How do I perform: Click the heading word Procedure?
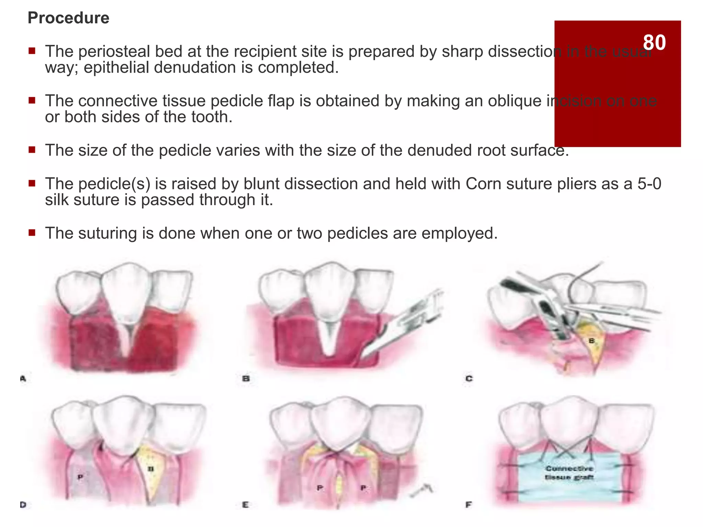[x=68, y=18]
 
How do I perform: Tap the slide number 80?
[x=654, y=43]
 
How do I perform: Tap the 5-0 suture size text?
[x=649, y=184]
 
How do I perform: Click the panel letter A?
[x=23, y=379]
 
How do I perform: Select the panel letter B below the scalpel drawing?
[x=246, y=379]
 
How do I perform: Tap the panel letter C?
[x=469, y=379]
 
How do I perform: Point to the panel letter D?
[x=23, y=505]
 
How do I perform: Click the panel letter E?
[x=245, y=505]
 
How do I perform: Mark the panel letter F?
[x=469, y=505]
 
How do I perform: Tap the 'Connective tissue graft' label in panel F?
[x=569, y=473]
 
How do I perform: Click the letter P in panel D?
[x=80, y=477]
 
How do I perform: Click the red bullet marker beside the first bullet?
[x=32, y=51]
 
